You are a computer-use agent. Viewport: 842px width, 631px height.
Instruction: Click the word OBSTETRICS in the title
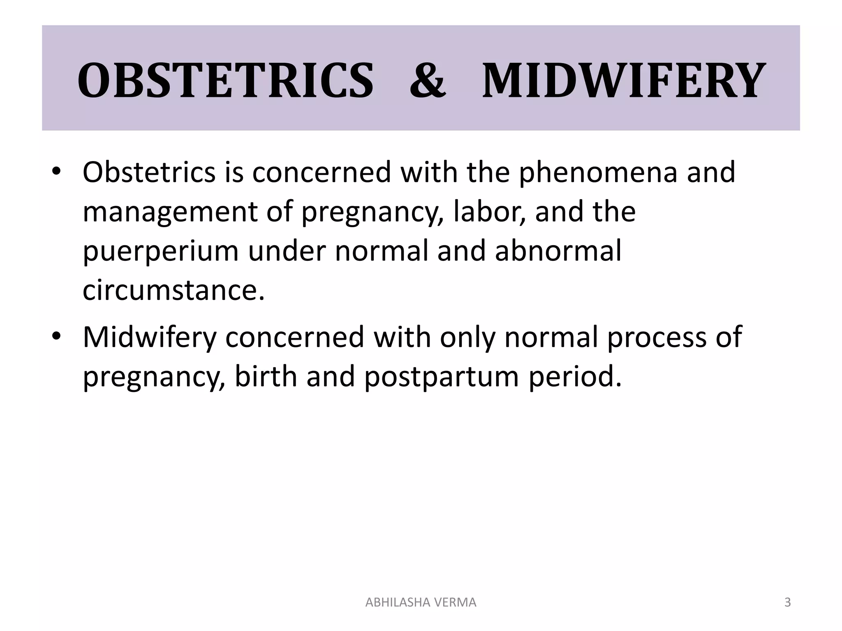(225, 81)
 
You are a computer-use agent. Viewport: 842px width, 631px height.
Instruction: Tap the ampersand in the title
(427, 81)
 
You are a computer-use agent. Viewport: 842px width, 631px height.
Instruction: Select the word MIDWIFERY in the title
(623, 81)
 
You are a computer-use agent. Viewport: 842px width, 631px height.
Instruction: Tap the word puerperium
(160, 251)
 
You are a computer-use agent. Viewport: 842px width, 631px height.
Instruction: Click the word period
(574, 376)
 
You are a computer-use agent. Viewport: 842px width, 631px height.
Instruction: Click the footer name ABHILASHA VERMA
(421, 602)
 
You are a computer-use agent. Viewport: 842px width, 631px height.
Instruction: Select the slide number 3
(788, 602)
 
